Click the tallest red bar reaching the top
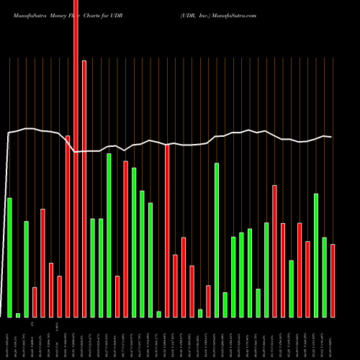click(76, 158)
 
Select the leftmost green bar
click(9, 257)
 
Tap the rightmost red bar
click(333, 281)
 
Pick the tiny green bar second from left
click(18, 315)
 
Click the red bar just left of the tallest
click(68, 226)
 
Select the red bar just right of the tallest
click(84, 189)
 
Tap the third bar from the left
click(26, 269)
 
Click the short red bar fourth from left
click(35, 302)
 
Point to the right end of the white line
click(331, 137)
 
